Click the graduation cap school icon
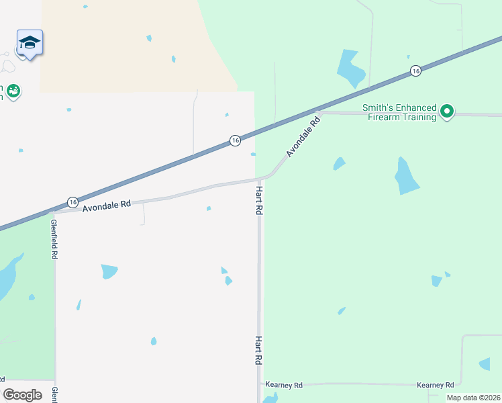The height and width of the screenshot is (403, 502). point(30,43)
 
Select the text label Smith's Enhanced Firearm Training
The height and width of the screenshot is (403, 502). point(399,112)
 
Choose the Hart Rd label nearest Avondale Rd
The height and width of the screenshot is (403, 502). point(258,201)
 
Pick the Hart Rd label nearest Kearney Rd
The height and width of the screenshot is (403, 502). point(258,350)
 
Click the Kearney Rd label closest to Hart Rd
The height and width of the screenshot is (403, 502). point(285,385)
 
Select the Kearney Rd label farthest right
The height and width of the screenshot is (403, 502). point(436,385)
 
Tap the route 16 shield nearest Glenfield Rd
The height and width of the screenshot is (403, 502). point(72,202)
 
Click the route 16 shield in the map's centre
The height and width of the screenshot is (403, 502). point(234,140)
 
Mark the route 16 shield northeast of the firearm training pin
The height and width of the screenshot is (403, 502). point(416,71)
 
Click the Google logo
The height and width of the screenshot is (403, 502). point(22,394)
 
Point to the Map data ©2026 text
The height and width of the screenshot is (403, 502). point(474,398)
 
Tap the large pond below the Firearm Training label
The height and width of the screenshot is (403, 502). point(406,176)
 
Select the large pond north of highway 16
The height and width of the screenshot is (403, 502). point(351,69)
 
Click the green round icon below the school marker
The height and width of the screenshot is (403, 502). point(13,90)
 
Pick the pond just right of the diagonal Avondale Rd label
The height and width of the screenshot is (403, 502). point(339,163)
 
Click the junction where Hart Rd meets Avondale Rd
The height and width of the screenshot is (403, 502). point(260,179)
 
